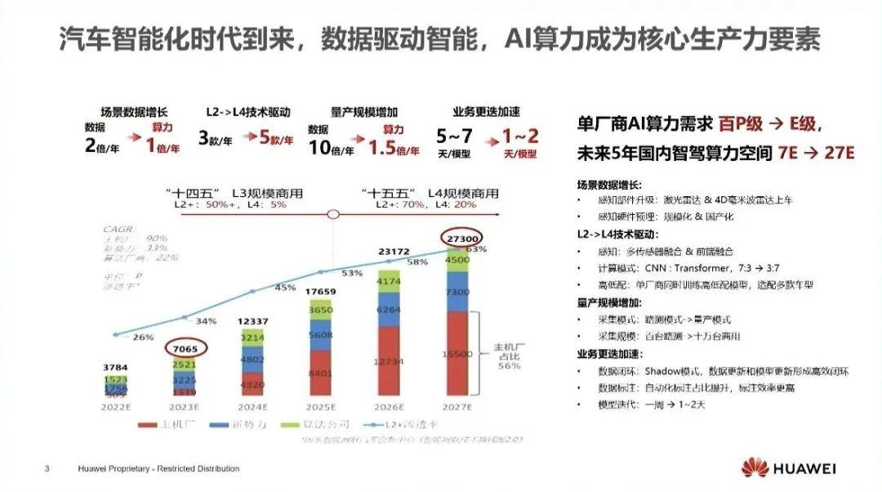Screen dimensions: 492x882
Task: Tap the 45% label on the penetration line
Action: click(285, 288)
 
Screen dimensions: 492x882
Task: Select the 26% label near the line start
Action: click(143, 338)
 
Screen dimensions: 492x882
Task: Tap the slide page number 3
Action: click(47, 469)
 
